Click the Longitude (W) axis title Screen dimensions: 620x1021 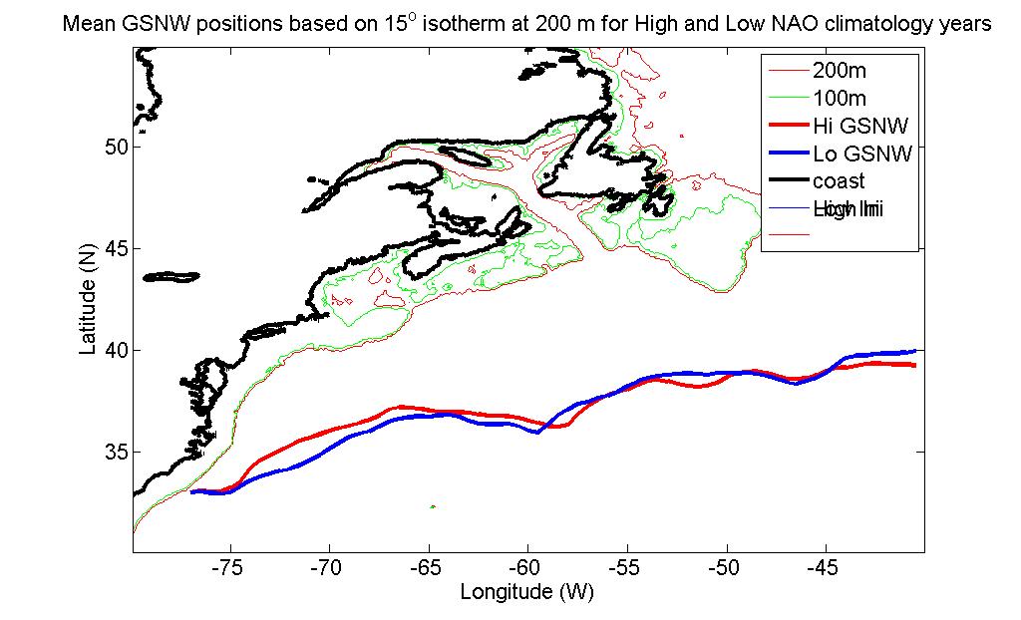pyautogui.click(x=527, y=591)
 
